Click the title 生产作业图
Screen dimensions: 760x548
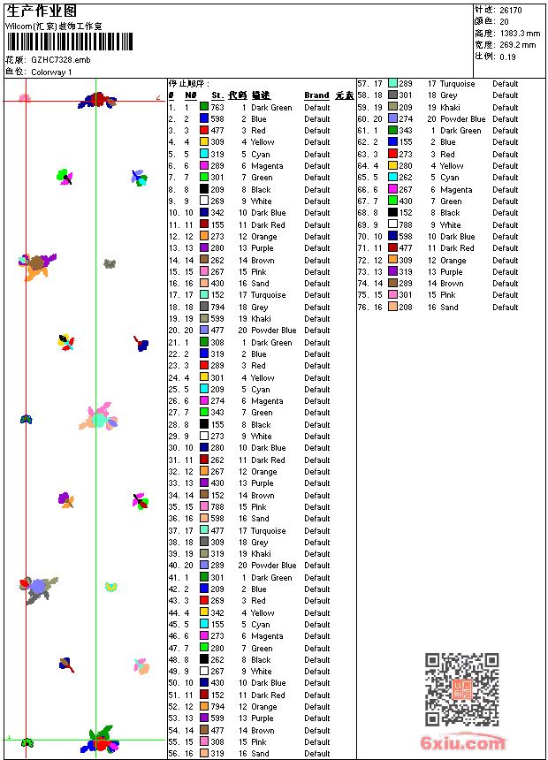pos(42,11)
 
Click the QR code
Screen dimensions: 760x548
pos(461,689)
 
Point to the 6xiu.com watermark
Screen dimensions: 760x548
pos(463,743)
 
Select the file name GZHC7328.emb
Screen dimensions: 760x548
pos(60,59)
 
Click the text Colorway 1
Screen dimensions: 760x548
pos(51,72)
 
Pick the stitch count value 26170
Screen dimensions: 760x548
pos(511,10)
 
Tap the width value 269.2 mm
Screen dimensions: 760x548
pos(518,44)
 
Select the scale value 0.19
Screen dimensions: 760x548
pos(507,56)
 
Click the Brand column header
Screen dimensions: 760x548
pos(316,95)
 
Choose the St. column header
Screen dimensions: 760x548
pos(217,95)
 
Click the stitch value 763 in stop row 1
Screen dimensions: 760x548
pos(217,107)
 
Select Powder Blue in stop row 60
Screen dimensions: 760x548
pos(463,119)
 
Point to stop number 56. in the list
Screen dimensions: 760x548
pos(174,754)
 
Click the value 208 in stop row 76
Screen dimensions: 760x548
pos(406,308)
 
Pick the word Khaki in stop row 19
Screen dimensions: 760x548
pos(261,319)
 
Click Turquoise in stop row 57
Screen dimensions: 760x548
pos(457,84)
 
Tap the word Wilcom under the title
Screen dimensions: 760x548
pos(19,27)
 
